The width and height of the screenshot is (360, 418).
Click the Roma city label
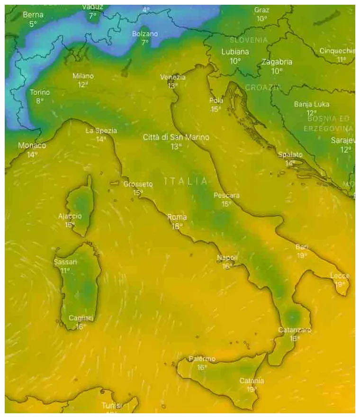coord(177,217)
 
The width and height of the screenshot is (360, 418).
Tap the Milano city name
coord(83,76)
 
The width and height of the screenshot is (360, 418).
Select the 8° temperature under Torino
coord(39,100)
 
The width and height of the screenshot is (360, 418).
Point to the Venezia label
coord(173,77)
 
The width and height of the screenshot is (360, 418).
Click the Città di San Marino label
coord(176,137)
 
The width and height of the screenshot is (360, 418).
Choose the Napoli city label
coord(227,257)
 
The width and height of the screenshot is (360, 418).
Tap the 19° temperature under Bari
coord(302,255)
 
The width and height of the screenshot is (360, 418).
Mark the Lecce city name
coord(340,276)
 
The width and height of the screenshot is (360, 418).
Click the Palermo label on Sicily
coord(202,359)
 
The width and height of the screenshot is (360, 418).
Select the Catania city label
coord(252,381)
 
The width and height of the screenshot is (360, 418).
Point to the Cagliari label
coord(81,318)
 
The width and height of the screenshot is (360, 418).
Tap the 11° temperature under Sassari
coord(65,270)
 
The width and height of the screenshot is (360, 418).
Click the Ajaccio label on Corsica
coord(70,216)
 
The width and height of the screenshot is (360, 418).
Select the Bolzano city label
coord(145,34)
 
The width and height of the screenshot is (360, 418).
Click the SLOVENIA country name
coord(248,40)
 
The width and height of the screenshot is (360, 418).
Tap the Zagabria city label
coord(277,62)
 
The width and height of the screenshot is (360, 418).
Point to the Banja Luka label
coord(311,104)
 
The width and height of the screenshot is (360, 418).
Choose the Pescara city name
coord(226,195)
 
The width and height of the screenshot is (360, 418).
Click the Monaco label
coord(32,145)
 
